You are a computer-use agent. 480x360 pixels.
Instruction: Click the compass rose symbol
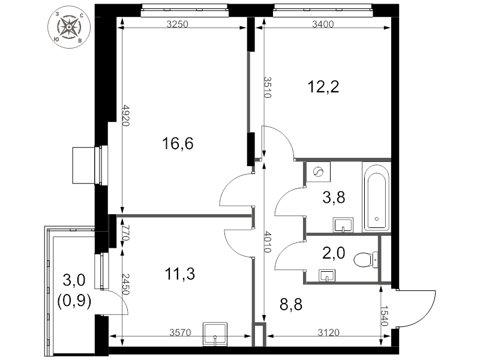pos(69,27)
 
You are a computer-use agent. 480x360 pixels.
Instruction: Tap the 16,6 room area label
pos(178,143)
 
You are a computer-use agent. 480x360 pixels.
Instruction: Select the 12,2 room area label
pos(323,86)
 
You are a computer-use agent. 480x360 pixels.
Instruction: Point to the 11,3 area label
pos(179,274)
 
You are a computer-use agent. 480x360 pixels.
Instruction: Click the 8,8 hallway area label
pos(291,304)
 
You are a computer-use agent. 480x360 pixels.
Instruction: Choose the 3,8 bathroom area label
pos(334,197)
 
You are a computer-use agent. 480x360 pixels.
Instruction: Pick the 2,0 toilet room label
pos(334,253)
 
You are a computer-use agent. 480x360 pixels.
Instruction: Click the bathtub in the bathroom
pos(376,197)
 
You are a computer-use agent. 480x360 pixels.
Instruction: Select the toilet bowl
pos(365,260)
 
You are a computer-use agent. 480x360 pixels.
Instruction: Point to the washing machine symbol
pos(319,172)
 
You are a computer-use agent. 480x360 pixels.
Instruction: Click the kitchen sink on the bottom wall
pos(215,334)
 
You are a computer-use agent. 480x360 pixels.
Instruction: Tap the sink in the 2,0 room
pos(327,275)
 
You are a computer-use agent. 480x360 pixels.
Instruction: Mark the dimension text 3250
pos(177,24)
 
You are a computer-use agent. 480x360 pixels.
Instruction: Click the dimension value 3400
pos(323,24)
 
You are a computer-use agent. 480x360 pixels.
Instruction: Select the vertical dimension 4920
pos(126,115)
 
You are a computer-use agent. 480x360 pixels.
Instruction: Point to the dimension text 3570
pos(181,332)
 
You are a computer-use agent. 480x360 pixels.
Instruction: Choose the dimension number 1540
pos(385,316)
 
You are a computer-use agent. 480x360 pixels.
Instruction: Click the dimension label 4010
pos(267,242)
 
